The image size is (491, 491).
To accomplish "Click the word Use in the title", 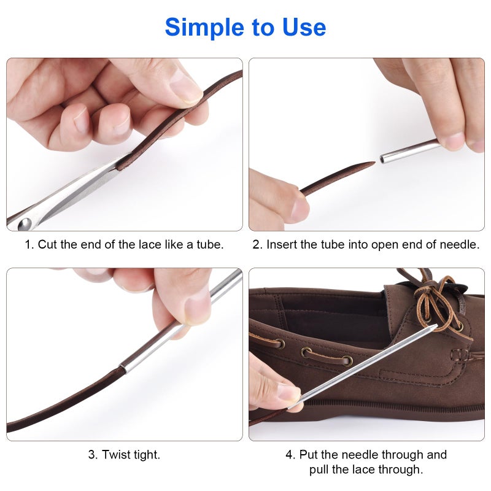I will point(301,27).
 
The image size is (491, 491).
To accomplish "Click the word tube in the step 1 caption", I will point(209,244).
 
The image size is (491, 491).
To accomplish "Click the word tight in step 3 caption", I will point(147,455).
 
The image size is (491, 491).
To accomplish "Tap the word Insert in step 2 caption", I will point(281,244).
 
